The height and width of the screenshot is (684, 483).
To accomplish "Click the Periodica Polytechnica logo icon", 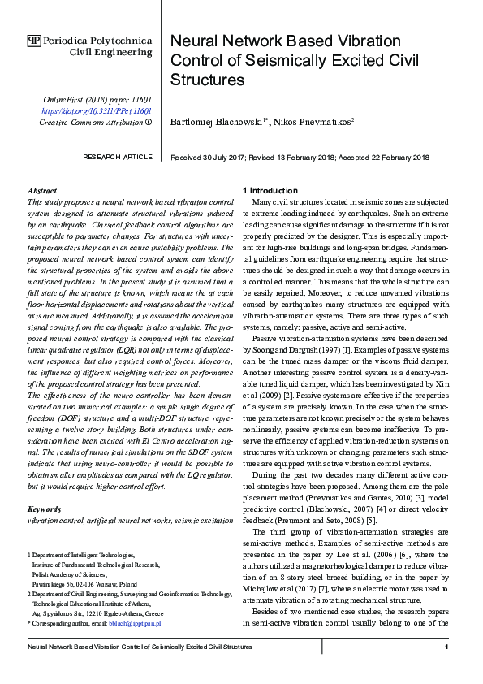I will [34, 40].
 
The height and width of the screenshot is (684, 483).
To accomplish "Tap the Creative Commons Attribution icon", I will [149, 123].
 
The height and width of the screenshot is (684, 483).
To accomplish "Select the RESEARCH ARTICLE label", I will [118, 157].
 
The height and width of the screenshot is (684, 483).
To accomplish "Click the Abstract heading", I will [42, 190].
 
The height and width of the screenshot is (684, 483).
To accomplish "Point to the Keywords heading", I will [45, 509].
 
